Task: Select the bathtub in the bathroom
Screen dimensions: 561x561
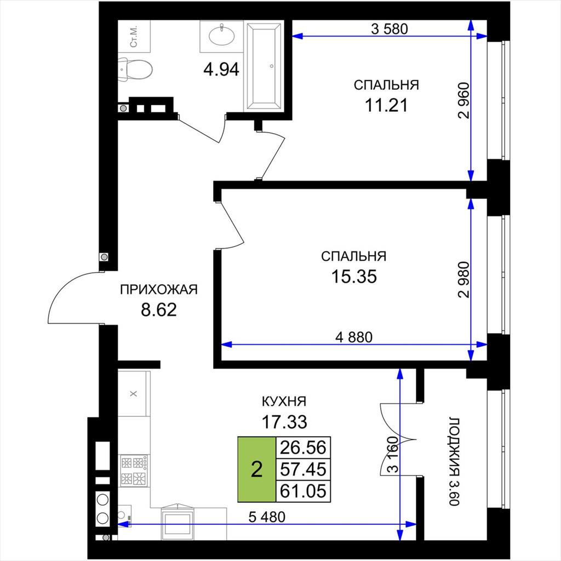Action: pyautogui.click(x=264, y=66)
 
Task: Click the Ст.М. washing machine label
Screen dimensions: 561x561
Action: pyautogui.click(x=134, y=37)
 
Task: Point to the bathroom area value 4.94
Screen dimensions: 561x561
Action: pyautogui.click(x=221, y=69)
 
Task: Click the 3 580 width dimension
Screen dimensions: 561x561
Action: pyautogui.click(x=390, y=28)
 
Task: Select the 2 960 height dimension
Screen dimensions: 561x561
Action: pyautogui.click(x=463, y=101)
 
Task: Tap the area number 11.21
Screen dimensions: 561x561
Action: pyautogui.click(x=386, y=105)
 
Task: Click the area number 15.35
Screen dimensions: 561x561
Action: pyautogui.click(x=354, y=276)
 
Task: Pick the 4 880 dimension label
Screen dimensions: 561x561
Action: pyautogui.click(x=354, y=337)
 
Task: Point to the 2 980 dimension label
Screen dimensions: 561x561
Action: pyautogui.click(x=463, y=280)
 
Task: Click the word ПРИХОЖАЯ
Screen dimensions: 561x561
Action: pyautogui.click(x=159, y=289)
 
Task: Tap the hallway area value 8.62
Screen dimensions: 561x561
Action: pyautogui.click(x=159, y=310)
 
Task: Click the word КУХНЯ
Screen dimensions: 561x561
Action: pyautogui.click(x=284, y=402)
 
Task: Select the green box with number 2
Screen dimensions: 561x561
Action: pyautogui.click(x=257, y=469)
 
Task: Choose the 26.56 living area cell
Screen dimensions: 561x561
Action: pyautogui.click(x=303, y=448)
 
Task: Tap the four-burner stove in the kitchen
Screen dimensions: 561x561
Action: pyautogui.click(x=134, y=470)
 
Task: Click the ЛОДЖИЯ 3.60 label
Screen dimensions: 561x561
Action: pyautogui.click(x=454, y=461)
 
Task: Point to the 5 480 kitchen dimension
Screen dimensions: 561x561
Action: pyautogui.click(x=267, y=517)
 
